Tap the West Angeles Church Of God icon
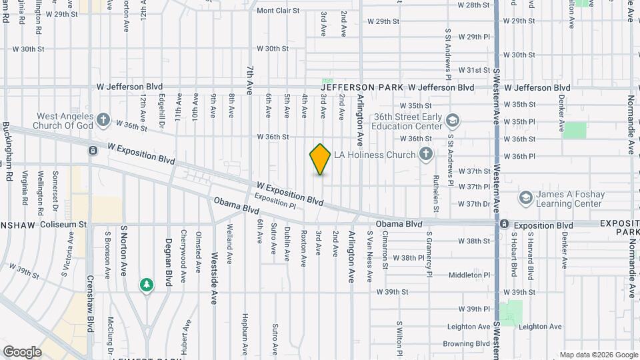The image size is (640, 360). tap(103, 120)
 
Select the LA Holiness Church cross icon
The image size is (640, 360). tap(426, 155)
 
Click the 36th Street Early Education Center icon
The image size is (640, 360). tap(453, 121)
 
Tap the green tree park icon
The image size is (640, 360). tap(146, 285)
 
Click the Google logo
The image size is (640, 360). tap(22, 352)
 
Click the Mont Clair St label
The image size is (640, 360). tap(279, 11)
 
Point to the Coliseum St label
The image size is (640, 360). tap(64, 225)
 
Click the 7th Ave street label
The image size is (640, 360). tap(249, 80)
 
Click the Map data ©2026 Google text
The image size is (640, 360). tap(598, 355)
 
